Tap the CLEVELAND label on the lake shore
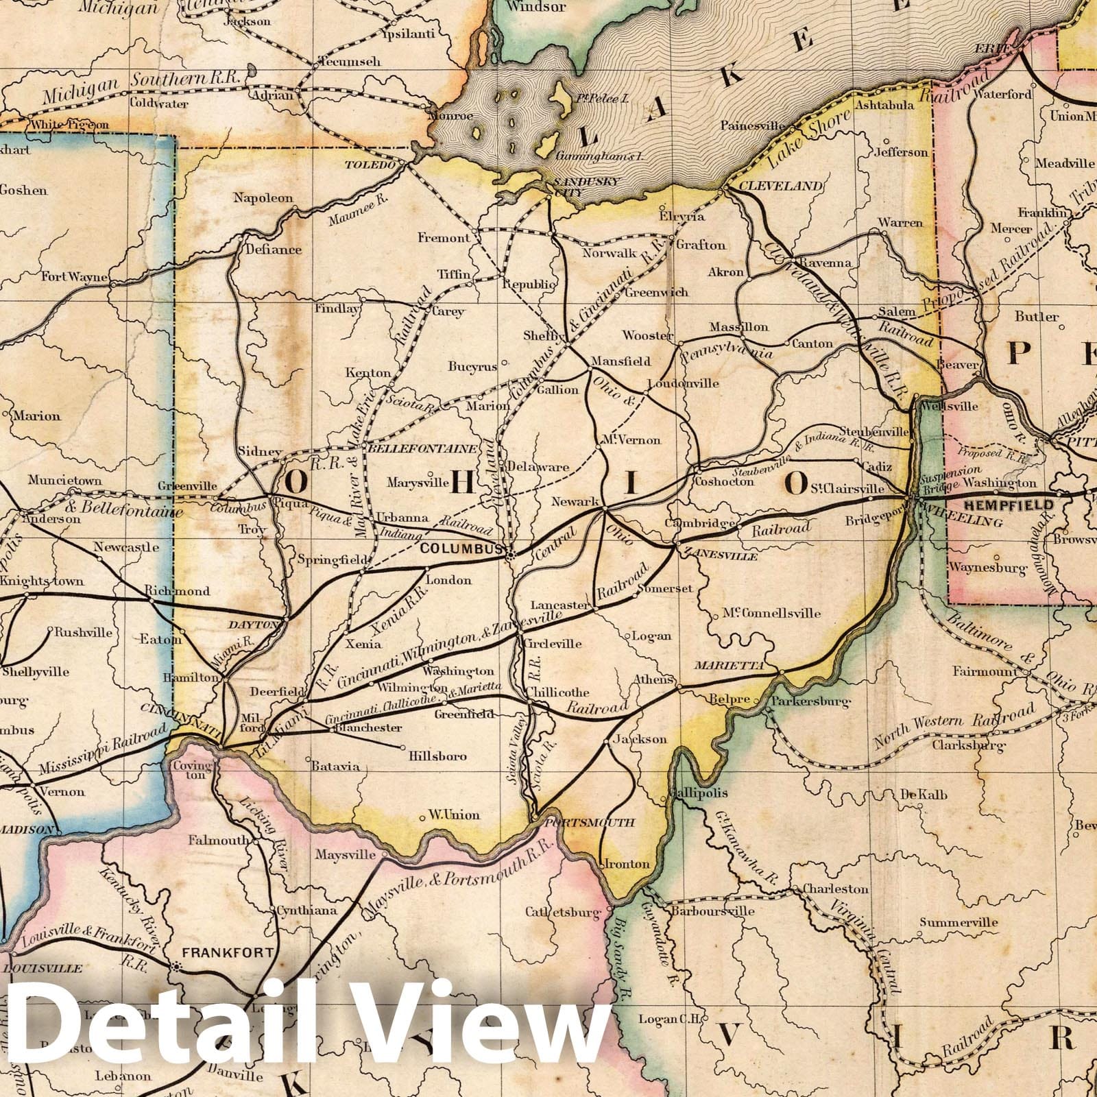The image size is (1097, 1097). coord(771,186)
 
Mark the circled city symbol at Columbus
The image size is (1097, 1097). coord(509,556)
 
